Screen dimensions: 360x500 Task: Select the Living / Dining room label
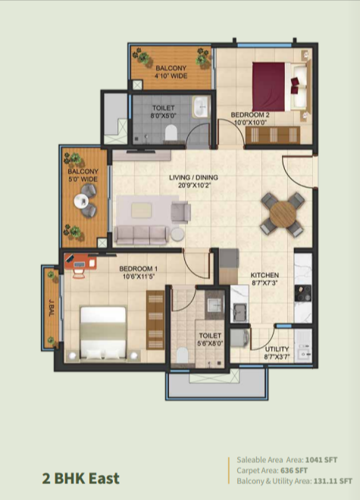(x=194, y=177)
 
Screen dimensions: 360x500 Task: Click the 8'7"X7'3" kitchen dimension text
(x=265, y=283)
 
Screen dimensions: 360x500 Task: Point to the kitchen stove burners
(x=303, y=293)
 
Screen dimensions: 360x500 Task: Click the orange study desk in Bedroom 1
(x=80, y=262)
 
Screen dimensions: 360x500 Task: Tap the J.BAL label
(x=51, y=308)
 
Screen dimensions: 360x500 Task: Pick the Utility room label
(x=277, y=349)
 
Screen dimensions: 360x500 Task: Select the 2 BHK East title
(x=81, y=479)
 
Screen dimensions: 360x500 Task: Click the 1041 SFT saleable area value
(x=321, y=460)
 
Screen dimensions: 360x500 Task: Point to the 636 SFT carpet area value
(x=294, y=470)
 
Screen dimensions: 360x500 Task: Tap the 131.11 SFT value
(x=333, y=481)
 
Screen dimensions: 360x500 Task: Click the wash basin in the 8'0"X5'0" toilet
(x=201, y=107)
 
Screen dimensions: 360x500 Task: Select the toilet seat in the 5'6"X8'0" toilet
(x=182, y=355)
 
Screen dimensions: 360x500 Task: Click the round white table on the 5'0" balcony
(x=81, y=202)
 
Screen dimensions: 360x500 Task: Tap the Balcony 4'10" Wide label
(x=171, y=72)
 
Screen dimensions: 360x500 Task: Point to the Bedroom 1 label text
(x=138, y=269)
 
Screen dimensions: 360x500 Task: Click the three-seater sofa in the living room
(x=142, y=235)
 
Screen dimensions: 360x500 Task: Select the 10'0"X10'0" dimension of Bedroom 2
(x=250, y=122)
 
